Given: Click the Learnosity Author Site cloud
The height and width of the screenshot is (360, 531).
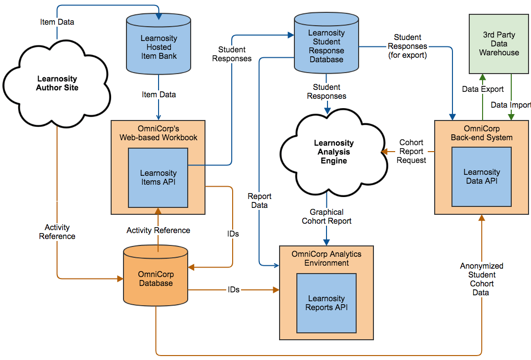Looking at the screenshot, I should pyautogui.click(x=56, y=83).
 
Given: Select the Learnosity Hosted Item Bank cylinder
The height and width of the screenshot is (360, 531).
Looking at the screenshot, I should pyautogui.click(x=159, y=47).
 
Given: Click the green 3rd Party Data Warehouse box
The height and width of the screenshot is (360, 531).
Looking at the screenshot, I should pyautogui.click(x=499, y=44).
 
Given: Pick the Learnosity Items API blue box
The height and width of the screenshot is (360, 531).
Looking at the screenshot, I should pyautogui.click(x=158, y=178).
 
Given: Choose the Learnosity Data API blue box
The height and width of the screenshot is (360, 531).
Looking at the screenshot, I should pyautogui.click(x=482, y=177).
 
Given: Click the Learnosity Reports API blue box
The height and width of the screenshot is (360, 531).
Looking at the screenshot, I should pyautogui.click(x=327, y=303).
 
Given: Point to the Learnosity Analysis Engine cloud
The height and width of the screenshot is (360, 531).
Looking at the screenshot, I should pyautogui.click(x=334, y=152).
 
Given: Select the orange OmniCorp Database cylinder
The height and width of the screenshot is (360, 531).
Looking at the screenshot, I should pyautogui.click(x=156, y=279).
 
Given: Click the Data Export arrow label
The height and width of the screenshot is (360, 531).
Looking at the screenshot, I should pyautogui.click(x=483, y=89).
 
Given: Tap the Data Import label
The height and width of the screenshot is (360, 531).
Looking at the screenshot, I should pyautogui.click(x=510, y=105).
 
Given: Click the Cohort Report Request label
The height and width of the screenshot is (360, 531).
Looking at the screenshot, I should pyautogui.click(x=411, y=151).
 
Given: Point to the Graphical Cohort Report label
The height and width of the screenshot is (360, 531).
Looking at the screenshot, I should pyautogui.click(x=327, y=216).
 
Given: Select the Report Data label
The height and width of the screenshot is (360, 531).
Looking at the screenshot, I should pyautogui.click(x=259, y=200).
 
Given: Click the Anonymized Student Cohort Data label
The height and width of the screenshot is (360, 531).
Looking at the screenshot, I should pyautogui.click(x=482, y=279).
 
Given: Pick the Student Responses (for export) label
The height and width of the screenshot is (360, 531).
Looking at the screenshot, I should pyautogui.click(x=408, y=46).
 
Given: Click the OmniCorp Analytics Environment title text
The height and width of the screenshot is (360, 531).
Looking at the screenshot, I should pyautogui.click(x=327, y=258).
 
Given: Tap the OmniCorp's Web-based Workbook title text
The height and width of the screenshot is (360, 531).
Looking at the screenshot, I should pyautogui.click(x=158, y=133).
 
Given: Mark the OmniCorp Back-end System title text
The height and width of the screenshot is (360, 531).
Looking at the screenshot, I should pyautogui.click(x=482, y=133).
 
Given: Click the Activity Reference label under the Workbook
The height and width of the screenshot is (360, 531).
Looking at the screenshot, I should pyautogui.click(x=158, y=230).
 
